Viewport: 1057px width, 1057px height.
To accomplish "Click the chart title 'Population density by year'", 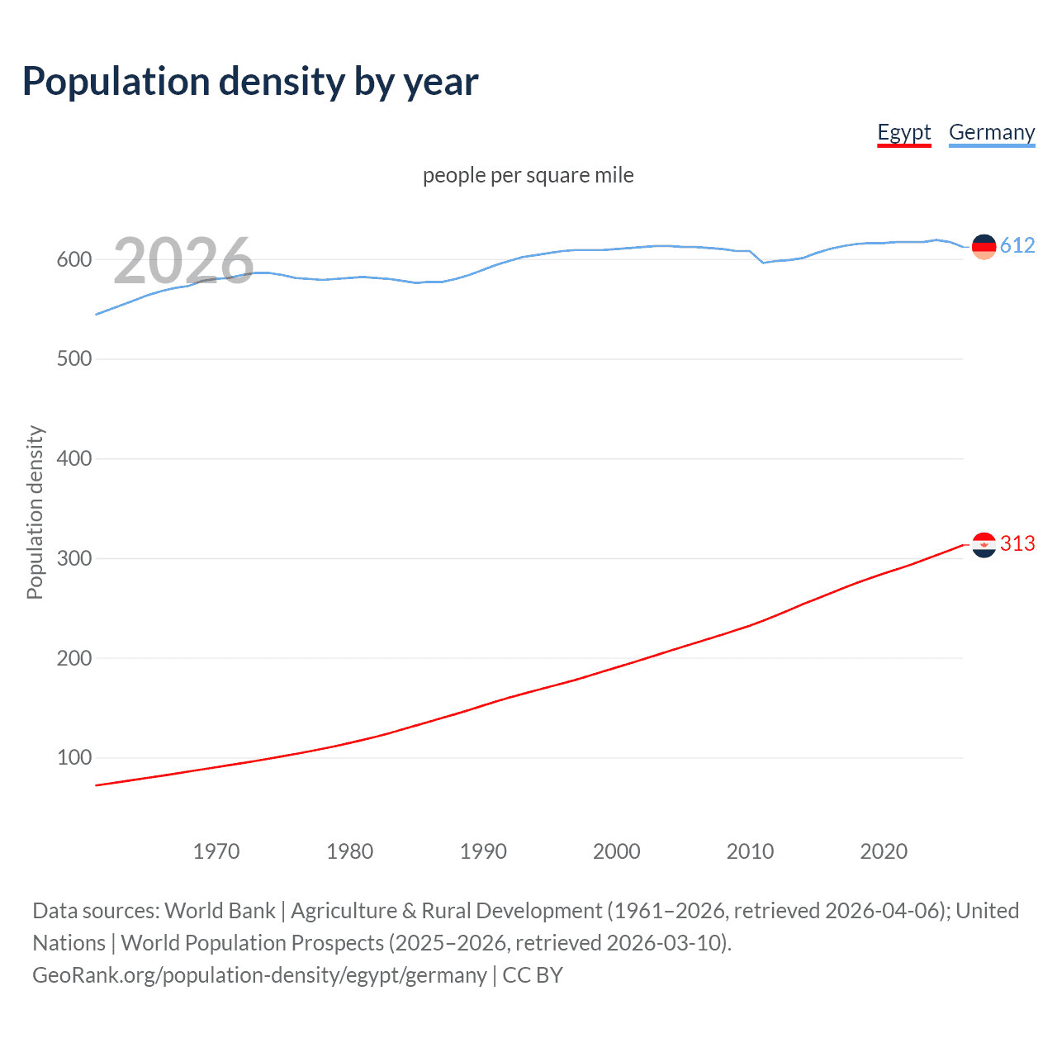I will [x=250, y=82].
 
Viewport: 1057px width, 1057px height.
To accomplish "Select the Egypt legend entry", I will [x=903, y=132].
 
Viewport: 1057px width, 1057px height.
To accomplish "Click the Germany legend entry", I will [x=991, y=132].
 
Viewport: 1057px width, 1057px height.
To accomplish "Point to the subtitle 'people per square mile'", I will [x=528, y=175].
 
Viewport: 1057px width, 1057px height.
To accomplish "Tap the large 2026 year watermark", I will [x=183, y=261].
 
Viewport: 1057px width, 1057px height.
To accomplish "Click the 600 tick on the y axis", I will [x=73, y=259].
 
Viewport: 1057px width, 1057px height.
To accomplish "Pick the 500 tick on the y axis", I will [x=73, y=359].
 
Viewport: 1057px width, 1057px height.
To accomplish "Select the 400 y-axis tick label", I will [x=73, y=459].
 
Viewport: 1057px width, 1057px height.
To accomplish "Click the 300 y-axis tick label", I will [x=73, y=558].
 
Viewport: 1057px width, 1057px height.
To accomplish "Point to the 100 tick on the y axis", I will [x=73, y=758].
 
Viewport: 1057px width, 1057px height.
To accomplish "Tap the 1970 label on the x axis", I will [x=216, y=851].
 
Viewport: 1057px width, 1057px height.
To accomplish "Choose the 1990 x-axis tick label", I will [x=483, y=851].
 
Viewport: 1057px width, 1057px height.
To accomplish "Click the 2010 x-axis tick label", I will [x=750, y=851].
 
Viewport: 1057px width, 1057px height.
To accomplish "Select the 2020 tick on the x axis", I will [x=884, y=851].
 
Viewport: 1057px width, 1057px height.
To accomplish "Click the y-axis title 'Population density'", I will [x=35, y=512].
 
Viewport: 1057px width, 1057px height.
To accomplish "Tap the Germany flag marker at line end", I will [x=984, y=246].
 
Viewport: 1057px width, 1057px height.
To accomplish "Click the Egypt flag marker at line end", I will [x=984, y=545].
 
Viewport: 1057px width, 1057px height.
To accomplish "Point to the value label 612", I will [x=1017, y=246].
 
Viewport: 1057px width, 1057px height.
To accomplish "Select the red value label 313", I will [x=1017, y=544].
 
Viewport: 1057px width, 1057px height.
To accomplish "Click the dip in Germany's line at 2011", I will [x=763, y=263].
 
